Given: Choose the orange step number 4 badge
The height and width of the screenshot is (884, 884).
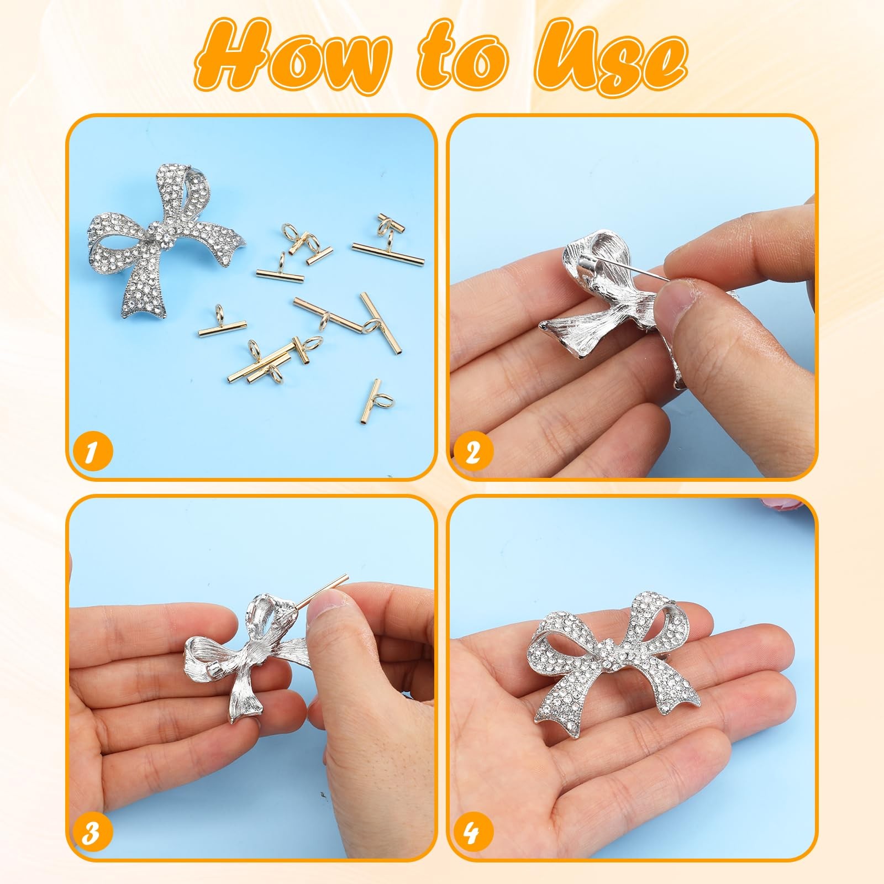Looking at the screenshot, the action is pyautogui.click(x=472, y=833).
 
